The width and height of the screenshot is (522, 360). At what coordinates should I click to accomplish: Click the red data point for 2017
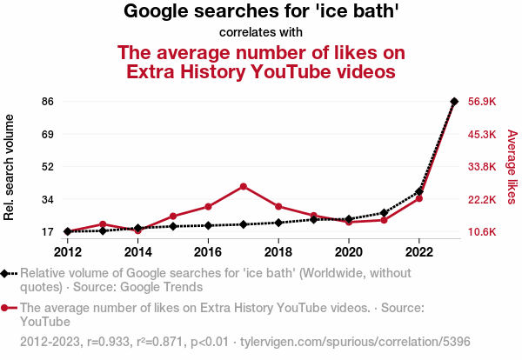point(244,186)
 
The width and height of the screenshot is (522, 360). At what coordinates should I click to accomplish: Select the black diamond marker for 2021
point(384,212)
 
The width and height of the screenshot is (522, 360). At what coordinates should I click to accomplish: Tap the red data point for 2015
point(173,216)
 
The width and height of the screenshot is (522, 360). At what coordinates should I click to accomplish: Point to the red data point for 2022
point(419,198)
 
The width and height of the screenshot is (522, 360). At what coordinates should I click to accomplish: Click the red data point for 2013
point(103,224)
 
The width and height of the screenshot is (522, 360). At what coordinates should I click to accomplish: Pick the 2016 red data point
point(208,206)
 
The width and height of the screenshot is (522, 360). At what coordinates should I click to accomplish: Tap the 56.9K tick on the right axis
point(481,102)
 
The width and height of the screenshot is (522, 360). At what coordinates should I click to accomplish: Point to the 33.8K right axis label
point(481,167)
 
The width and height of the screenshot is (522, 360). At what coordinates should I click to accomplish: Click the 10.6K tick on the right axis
point(481,232)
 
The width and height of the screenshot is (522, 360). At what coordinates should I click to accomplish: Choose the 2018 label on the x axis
point(278,251)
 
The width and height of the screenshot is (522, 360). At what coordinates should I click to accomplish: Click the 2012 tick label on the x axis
point(68,251)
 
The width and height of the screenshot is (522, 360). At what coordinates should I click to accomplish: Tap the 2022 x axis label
point(419,251)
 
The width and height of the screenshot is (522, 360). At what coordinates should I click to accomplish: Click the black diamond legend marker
point(8,273)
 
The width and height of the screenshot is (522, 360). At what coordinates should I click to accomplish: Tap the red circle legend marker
point(8,308)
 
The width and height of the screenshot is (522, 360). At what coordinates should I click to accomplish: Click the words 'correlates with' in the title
point(261,33)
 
